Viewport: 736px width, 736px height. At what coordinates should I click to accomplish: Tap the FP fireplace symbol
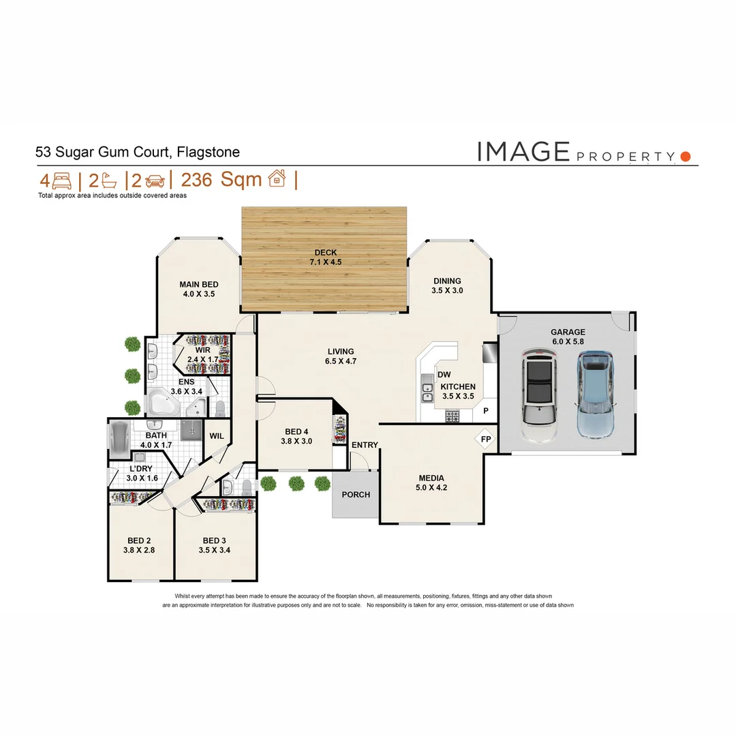tap(485, 439)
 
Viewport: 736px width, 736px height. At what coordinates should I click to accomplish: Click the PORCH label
tap(356, 494)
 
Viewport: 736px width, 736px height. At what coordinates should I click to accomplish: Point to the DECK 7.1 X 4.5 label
tap(325, 258)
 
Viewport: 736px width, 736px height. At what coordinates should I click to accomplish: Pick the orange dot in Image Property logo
tap(686, 156)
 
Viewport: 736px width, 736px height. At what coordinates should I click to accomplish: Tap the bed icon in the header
tap(61, 181)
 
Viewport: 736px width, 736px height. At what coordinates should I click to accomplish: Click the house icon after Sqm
tap(277, 179)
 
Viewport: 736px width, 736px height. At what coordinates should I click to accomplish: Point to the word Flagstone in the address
tap(208, 152)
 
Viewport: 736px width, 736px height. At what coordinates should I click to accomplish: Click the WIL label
tap(217, 435)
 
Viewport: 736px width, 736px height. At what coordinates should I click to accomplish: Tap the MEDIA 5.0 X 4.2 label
tap(431, 482)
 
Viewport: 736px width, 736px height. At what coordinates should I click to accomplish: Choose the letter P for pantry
tap(486, 411)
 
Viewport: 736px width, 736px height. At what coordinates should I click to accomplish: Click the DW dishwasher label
tap(444, 374)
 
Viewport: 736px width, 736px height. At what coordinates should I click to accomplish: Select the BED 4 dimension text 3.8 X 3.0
tap(297, 441)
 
